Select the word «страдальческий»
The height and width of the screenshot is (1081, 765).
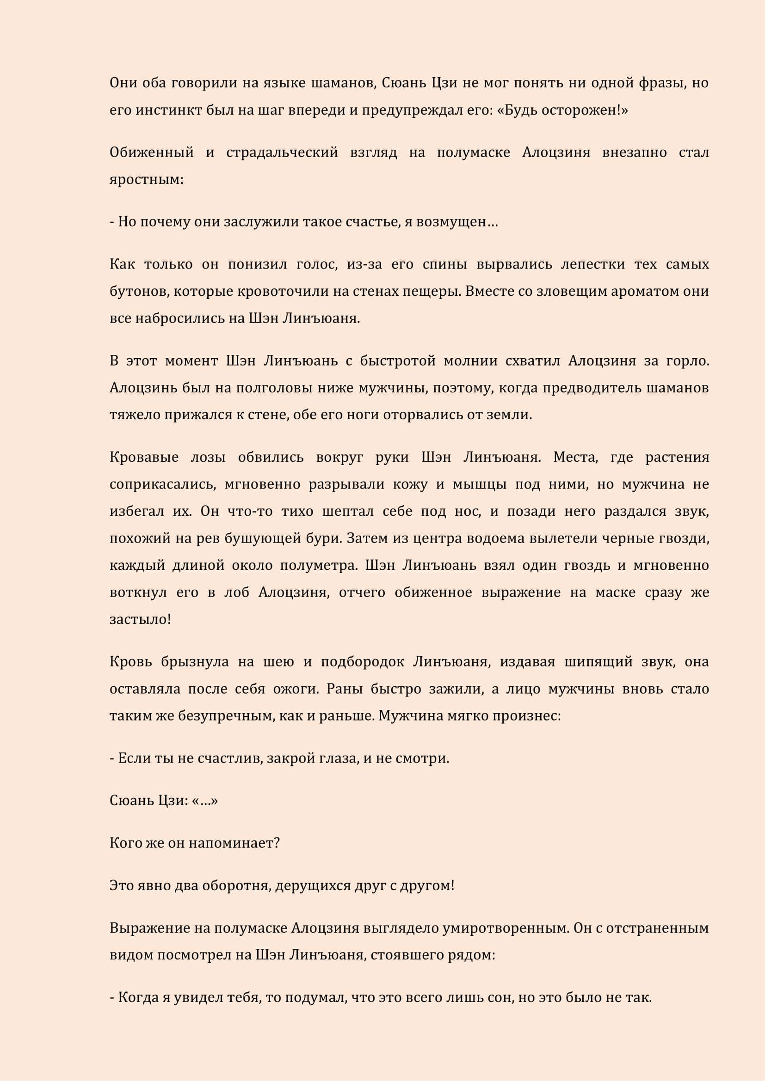pyautogui.click(x=282, y=153)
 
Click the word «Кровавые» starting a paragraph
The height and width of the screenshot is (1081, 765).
pyautogui.click(x=144, y=458)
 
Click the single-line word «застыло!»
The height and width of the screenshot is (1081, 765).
pyautogui.click(x=140, y=619)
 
